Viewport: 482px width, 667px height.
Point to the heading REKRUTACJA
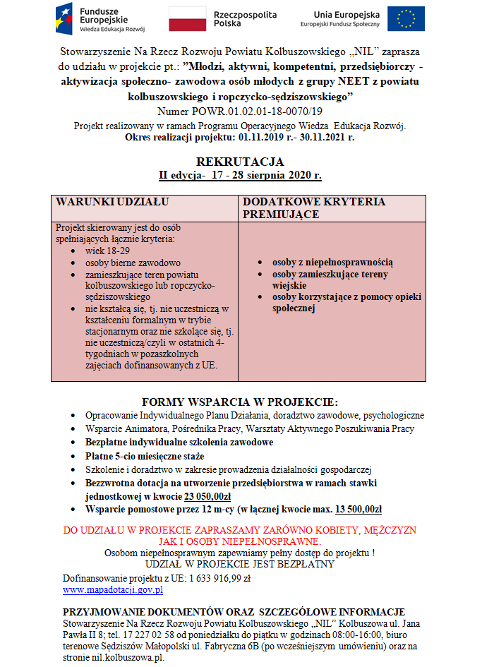click(240, 162)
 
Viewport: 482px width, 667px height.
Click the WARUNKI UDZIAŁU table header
click(112, 202)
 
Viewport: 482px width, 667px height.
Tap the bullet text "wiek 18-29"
click(108, 251)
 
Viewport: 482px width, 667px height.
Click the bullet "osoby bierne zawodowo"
click(133, 263)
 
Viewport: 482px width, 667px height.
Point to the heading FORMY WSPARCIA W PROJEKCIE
click(240, 402)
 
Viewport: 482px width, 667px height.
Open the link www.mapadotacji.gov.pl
click(113, 589)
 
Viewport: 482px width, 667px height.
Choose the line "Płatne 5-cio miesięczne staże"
click(145, 456)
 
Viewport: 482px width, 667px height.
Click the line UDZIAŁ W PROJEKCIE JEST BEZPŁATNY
click(240, 564)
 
